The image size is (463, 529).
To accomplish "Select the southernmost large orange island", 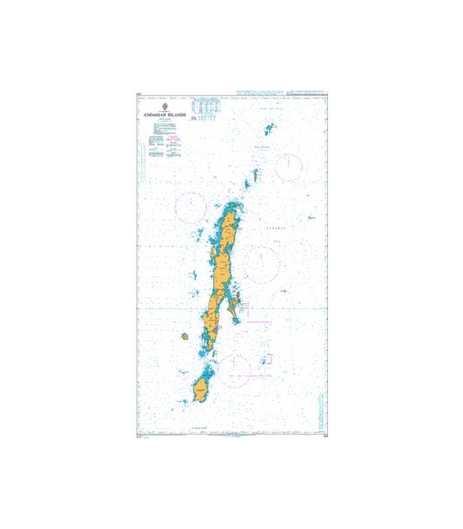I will click(202, 389).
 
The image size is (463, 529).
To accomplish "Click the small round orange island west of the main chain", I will click(186, 337).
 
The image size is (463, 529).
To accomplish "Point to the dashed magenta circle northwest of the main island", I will click(190, 204).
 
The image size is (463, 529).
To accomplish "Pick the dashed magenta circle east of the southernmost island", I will click(234, 370).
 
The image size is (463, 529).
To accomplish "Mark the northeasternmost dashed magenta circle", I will click(289, 167).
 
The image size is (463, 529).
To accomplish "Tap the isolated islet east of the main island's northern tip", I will click(310, 217).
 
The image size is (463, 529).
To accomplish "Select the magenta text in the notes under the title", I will click(173, 140).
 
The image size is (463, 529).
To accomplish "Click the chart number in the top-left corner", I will click(138, 95).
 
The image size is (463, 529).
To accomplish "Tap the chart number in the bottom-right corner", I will click(325, 435).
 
